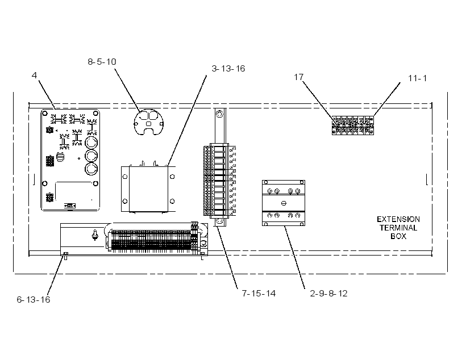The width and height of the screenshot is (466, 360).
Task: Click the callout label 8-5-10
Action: [102, 62]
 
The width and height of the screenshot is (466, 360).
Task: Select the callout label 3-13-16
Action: [228, 69]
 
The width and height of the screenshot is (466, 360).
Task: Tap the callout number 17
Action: [299, 77]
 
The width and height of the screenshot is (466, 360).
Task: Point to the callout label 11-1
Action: [418, 78]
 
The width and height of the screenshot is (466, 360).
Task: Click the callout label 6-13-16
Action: [34, 299]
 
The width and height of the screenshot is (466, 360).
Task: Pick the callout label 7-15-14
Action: [259, 294]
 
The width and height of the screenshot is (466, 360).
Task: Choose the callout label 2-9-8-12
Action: [328, 294]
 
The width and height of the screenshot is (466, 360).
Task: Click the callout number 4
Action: [35, 76]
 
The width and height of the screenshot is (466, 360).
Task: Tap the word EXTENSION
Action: [398, 219]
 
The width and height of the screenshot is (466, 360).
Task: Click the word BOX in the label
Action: [398, 236]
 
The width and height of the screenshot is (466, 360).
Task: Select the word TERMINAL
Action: [398, 228]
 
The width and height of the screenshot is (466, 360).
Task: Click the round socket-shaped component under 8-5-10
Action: [148, 122]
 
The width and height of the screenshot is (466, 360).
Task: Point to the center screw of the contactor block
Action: [284, 203]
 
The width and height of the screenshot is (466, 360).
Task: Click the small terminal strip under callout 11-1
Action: [353, 125]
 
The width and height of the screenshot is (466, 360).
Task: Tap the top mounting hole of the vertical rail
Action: [219, 114]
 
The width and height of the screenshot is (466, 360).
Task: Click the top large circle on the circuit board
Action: [91, 143]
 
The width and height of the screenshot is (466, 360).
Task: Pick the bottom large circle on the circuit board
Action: [91, 169]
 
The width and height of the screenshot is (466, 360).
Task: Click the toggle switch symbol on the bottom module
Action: [95, 235]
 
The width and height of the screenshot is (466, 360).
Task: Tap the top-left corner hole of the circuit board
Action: [45, 113]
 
